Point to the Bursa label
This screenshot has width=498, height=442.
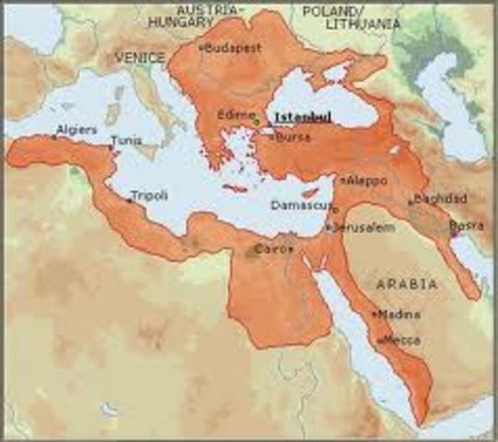(294, 137)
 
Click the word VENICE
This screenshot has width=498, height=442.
(140, 58)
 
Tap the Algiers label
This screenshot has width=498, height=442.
(76, 130)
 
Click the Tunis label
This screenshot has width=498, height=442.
(126, 141)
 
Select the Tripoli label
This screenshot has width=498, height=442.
(149, 196)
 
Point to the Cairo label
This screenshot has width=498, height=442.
(274, 249)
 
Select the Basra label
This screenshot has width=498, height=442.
(463, 226)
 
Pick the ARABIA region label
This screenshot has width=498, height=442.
(406, 285)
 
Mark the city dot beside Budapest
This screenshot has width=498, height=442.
(202, 45)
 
